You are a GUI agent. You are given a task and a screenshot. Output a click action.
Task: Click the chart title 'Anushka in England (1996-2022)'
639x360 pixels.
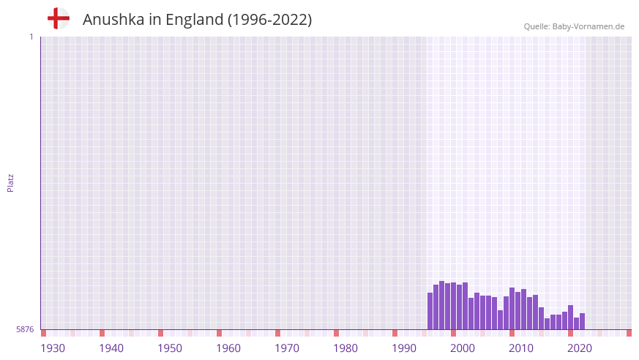[197, 20]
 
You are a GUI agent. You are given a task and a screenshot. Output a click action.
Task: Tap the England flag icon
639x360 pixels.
[58, 18]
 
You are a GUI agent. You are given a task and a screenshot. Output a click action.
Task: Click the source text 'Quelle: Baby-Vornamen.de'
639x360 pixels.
[574, 26]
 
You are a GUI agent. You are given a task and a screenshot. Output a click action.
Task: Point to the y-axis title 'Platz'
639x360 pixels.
[10, 182]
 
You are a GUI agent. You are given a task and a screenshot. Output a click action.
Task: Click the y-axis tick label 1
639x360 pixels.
[31, 37]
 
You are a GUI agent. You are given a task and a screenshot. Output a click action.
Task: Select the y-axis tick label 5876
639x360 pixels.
[25, 330]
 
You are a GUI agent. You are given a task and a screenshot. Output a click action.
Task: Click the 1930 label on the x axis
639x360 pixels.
[53, 348]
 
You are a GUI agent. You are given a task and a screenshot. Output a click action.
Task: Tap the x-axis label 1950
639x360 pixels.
[170, 348]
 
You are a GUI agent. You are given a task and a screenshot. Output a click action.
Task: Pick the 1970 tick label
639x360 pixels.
[287, 348]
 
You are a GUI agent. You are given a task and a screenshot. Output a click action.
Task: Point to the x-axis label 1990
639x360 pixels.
[404, 348]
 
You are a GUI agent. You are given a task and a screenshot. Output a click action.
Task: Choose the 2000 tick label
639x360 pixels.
[463, 348]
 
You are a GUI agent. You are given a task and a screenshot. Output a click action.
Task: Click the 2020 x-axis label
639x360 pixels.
[580, 348]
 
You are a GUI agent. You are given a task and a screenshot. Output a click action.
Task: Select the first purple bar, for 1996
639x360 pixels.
[430, 311]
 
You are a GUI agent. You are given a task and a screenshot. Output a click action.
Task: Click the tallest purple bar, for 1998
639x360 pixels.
[442, 305]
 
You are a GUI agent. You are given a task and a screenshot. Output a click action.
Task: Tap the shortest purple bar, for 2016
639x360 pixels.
[547, 323]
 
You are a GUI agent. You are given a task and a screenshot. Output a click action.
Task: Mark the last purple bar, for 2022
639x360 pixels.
[582, 321]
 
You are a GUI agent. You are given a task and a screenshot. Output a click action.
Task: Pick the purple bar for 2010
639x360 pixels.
[512, 308]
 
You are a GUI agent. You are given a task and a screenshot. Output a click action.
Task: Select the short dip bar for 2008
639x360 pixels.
[500, 320]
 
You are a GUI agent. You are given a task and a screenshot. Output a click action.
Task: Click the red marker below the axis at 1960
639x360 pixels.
[219, 333]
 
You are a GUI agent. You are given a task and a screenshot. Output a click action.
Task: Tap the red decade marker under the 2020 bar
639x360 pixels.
[570, 333]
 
